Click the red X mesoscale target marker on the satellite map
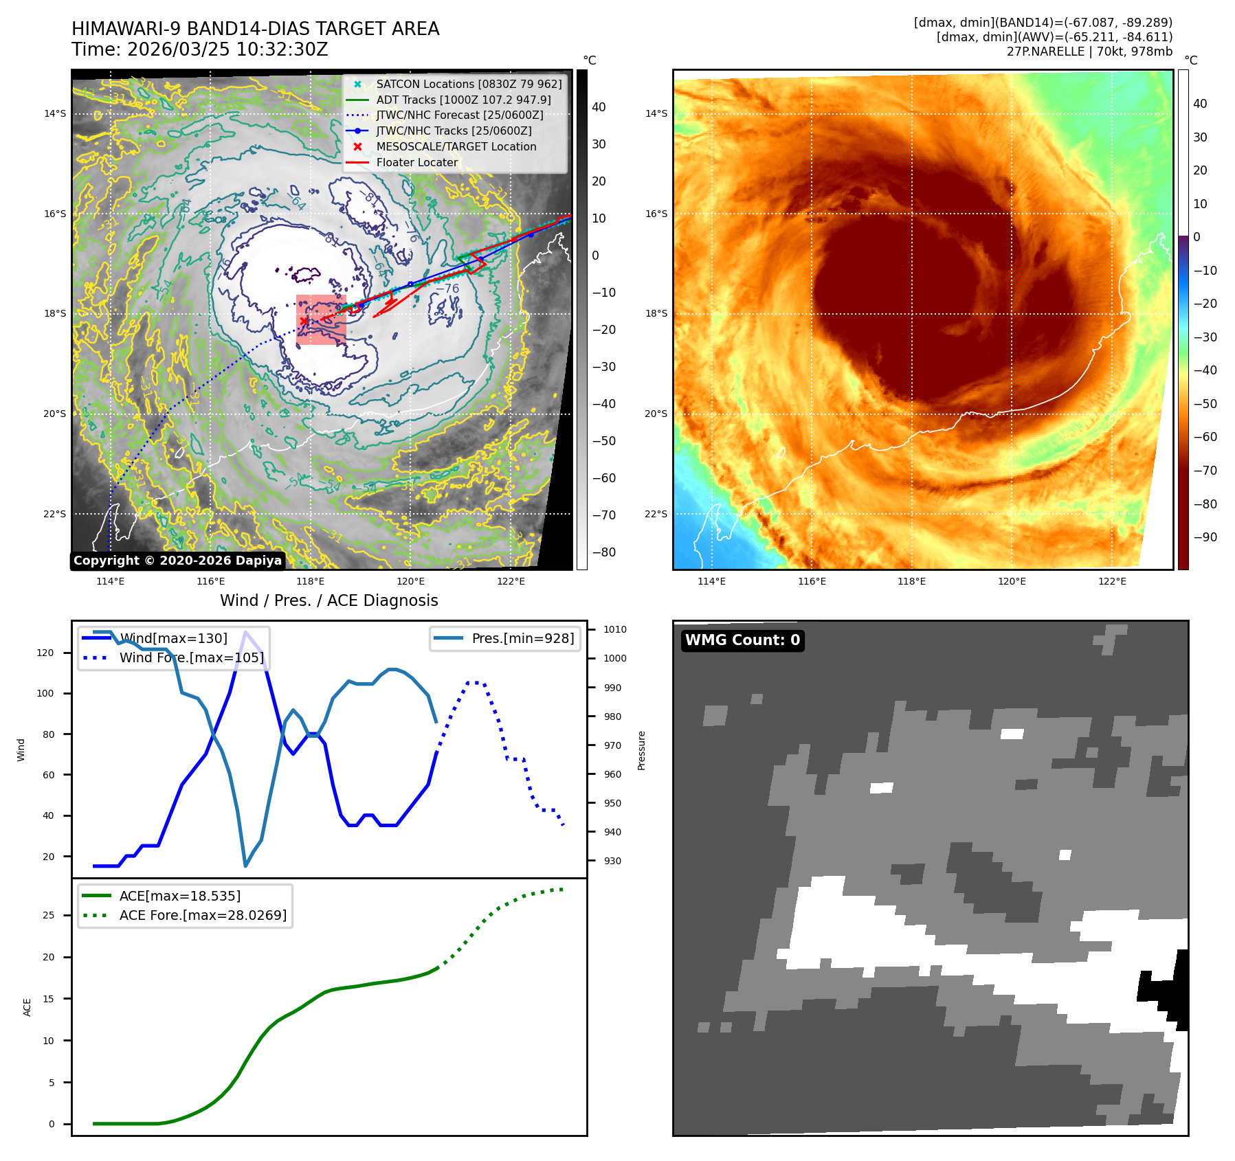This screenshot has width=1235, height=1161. click(304, 321)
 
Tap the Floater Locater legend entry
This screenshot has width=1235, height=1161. click(416, 162)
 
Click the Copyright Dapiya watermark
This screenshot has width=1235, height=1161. click(177, 561)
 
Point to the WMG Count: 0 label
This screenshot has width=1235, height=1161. click(742, 640)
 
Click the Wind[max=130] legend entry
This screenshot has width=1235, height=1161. click(173, 638)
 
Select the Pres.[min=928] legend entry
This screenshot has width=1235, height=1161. click(522, 638)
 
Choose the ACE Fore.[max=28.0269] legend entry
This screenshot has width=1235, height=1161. click(203, 915)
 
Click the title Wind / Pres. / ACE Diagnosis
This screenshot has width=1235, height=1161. click(329, 600)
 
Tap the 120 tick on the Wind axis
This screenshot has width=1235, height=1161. click(45, 653)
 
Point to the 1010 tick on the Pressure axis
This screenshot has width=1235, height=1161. click(615, 629)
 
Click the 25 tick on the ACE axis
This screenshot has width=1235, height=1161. click(48, 915)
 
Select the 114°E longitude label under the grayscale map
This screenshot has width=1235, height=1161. click(110, 581)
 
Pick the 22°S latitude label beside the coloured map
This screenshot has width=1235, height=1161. click(656, 514)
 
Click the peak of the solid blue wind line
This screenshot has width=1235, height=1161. click(245, 631)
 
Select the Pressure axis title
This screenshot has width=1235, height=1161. click(641, 750)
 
